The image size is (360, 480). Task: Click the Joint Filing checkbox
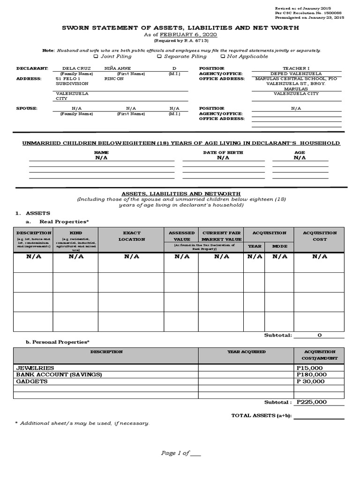coord(96,56)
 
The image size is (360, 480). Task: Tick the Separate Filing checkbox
coord(159,56)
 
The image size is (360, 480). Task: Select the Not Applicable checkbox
coord(223,56)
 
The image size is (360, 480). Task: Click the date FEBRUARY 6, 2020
coord(189,35)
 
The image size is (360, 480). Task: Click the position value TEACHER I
coord(296,68)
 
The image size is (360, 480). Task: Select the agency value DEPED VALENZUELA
coord(296,74)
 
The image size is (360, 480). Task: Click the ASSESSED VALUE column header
coord(182,236)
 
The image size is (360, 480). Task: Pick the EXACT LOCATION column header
coord(132,236)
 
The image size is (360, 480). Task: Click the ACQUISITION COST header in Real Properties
coord(320,236)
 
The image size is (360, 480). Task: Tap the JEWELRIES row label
coord(35,368)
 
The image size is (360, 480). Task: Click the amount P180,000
coord(311,375)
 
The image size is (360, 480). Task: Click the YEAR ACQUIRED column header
coord(246,352)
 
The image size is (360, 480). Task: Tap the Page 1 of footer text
coord(180,453)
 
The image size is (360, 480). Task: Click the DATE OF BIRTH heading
coord(223,152)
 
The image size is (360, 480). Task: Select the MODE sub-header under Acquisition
coord(279,246)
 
